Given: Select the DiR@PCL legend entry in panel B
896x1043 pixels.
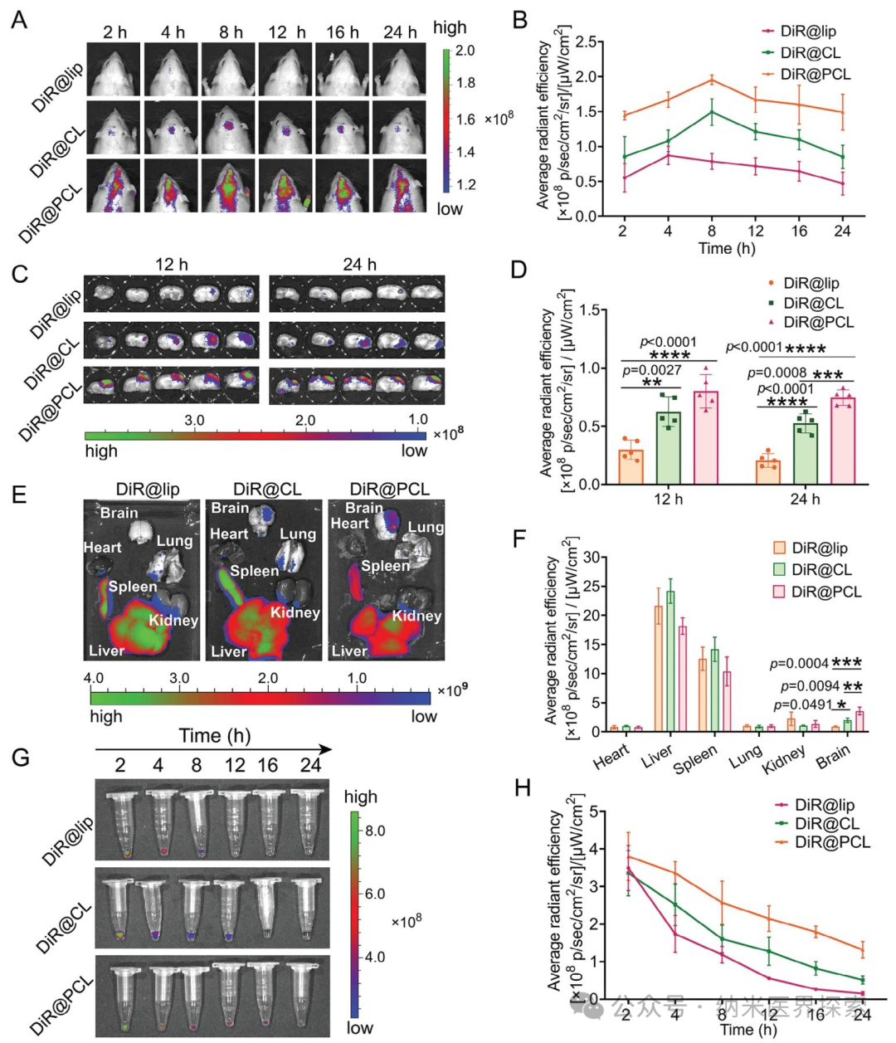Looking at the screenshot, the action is pyautogui.click(x=806, y=75).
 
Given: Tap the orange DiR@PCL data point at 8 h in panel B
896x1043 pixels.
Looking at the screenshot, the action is pyautogui.click(x=711, y=79).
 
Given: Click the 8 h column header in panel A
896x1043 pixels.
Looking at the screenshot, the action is pyautogui.click(x=231, y=32).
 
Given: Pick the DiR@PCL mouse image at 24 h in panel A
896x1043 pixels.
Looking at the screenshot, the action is pyautogui.click(x=399, y=185).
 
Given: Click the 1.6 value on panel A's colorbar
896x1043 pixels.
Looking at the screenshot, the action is pyautogui.click(x=465, y=119).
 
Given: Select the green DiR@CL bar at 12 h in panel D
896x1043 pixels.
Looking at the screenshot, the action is pyautogui.click(x=669, y=448).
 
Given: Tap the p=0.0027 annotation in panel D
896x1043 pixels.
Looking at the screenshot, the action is pyautogui.click(x=652, y=370).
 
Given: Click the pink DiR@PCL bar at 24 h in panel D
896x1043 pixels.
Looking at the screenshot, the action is pyautogui.click(x=843, y=441).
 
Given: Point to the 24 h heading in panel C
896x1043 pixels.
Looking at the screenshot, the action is pyautogui.click(x=359, y=265).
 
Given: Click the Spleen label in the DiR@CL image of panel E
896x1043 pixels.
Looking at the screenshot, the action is pyautogui.click(x=254, y=571).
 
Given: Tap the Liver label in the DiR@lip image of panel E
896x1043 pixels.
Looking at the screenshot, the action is pyautogui.click(x=106, y=651).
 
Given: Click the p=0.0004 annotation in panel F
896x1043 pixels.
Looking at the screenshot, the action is pyautogui.click(x=799, y=664).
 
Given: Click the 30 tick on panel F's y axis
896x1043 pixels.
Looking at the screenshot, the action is pyautogui.click(x=593, y=558).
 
